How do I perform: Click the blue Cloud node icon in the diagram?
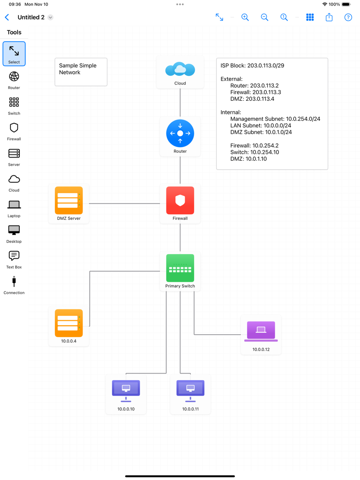pyautogui.click(x=180, y=69)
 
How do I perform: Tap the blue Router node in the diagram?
pyautogui.click(x=180, y=134)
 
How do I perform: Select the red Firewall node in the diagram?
pyautogui.click(x=180, y=201)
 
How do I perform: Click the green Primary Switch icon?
pyautogui.click(x=180, y=268)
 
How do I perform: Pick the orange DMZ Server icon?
pyautogui.click(x=69, y=201)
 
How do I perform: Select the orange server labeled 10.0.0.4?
pyautogui.click(x=69, y=323)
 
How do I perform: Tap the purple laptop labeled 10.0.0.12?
pyautogui.click(x=261, y=331)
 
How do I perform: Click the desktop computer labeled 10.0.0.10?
pyautogui.click(x=126, y=390)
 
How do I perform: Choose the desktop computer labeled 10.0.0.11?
pyautogui.click(x=190, y=390)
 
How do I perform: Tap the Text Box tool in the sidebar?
pyautogui.click(x=14, y=259)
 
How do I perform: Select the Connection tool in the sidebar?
pyautogui.click(x=14, y=285)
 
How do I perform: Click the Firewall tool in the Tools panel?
pyautogui.click(x=14, y=131)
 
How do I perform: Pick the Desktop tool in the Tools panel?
pyautogui.click(x=14, y=233)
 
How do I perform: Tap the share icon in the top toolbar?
pyautogui.click(x=329, y=17)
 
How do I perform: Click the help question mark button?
pyautogui.click(x=348, y=17)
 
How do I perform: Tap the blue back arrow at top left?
pyautogui.click(x=7, y=17)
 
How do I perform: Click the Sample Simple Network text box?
pyautogui.click(x=81, y=72)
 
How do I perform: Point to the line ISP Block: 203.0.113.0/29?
pyautogui.click(x=252, y=66)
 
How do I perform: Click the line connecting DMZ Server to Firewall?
pyautogui.click(x=124, y=203)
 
